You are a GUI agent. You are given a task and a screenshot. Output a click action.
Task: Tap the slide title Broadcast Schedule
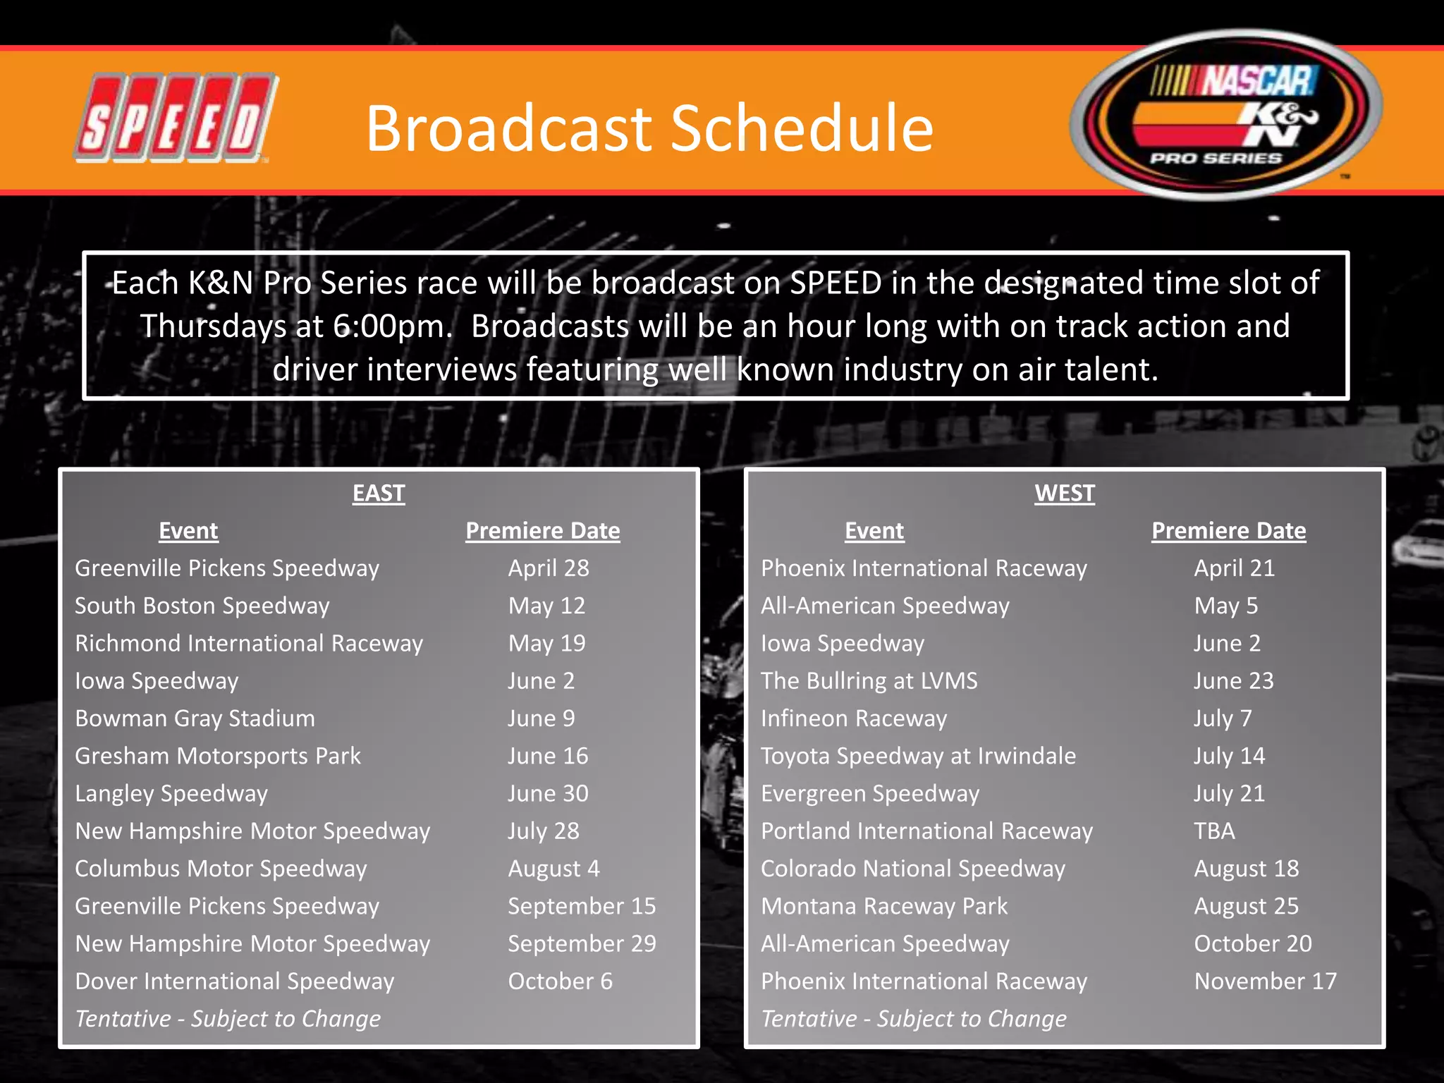(x=649, y=128)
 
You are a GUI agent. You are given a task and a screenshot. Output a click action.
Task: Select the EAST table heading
(x=379, y=493)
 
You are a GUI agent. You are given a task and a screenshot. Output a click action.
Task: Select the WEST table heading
(x=1065, y=493)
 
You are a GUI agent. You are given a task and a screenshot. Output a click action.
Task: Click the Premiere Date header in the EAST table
(x=542, y=530)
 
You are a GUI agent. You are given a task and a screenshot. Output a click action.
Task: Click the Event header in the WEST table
(x=874, y=530)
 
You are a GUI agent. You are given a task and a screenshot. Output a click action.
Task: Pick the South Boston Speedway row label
(x=202, y=606)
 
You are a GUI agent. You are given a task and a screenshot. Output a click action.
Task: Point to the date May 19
(x=546, y=643)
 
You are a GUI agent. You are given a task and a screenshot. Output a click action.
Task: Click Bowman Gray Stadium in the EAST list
(x=195, y=718)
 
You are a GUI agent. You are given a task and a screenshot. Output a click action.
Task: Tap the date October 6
(x=560, y=981)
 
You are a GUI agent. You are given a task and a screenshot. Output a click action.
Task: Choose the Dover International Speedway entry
(x=234, y=981)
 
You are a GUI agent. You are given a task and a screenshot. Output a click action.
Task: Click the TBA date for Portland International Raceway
(x=1214, y=831)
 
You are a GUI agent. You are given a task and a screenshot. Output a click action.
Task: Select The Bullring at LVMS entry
(x=869, y=680)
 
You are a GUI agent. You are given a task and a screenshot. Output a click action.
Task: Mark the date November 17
(x=1265, y=981)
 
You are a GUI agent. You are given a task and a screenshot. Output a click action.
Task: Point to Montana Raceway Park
(x=884, y=906)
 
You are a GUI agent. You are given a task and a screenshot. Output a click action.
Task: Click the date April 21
(x=1234, y=568)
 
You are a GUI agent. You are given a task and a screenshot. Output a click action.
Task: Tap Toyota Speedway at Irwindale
(x=918, y=756)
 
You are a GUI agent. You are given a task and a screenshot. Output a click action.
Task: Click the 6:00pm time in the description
(x=392, y=327)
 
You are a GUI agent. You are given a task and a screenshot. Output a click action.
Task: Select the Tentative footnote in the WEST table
(x=913, y=1019)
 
